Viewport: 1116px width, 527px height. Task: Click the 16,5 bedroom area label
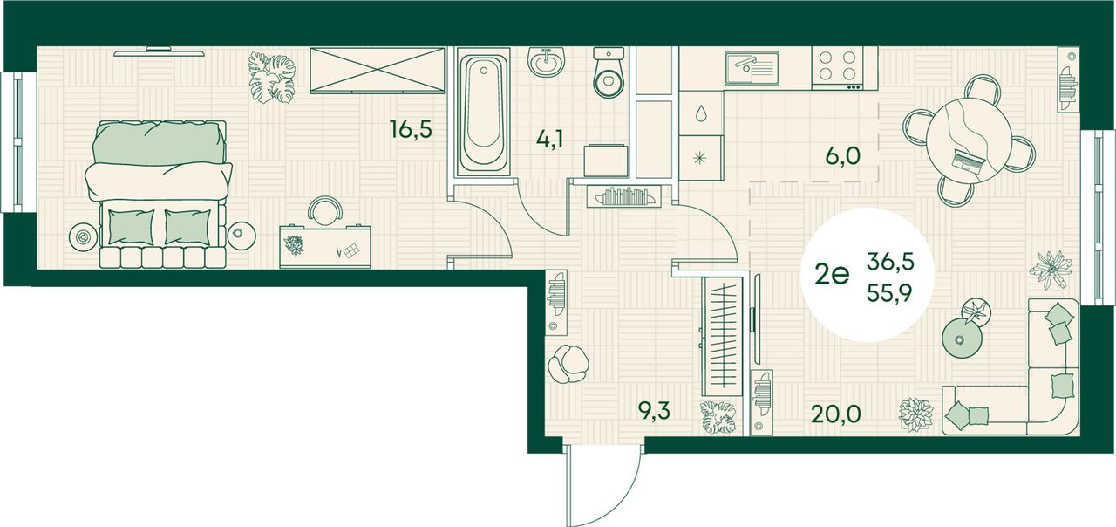[x=411, y=128]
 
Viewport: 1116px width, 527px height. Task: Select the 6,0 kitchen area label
[x=842, y=156]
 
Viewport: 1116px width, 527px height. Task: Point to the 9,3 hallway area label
[x=654, y=412]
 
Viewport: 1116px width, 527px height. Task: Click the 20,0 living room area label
[x=836, y=414]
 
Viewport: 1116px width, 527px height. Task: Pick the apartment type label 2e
[x=831, y=275]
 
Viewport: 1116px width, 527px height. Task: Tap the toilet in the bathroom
[x=609, y=72]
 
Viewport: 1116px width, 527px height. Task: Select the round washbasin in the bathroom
[x=546, y=62]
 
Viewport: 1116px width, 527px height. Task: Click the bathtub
[x=482, y=113]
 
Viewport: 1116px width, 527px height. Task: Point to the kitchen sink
[x=752, y=68]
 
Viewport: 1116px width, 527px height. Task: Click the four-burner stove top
[x=838, y=68]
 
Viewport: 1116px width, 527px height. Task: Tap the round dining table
[x=968, y=141]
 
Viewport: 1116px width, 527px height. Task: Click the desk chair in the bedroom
[x=325, y=209]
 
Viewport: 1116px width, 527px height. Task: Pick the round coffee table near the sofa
[x=962, y=339]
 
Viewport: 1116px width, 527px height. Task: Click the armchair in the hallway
[x=568, y=364]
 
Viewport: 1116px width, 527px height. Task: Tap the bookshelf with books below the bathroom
[x=623, y=196]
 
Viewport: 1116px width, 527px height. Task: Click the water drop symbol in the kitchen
[x=701, y=113]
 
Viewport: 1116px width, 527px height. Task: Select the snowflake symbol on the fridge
[x=700, y=159]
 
